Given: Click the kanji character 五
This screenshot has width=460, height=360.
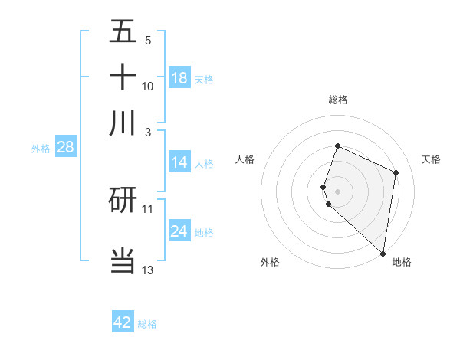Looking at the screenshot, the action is pyautogui.click(x=123, y=31).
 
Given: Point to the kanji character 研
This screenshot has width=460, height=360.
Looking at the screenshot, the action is pyautogui.click(x=123, y=201).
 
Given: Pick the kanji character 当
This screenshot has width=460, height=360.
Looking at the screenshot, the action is pyautogui.click(x=123, y=260).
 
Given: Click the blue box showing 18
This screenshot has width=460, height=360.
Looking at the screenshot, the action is pyautogui.click(x=179, y=78).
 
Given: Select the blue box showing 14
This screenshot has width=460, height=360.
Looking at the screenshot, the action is pyautogui.click(x=179, y=162).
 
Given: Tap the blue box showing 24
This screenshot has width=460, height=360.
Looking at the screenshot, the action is pyautogui.click(x=179, y=231).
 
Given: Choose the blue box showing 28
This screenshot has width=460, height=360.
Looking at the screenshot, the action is pyautogui.click(x=65, y=147).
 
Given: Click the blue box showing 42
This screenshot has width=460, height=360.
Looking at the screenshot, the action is pyautogui.click(x=123, y=322).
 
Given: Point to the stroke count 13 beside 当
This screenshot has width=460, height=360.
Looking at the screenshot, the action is pyautogui.click(x=147, y=270).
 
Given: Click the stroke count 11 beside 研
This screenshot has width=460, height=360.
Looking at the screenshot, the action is pyautogui.click(x=147, y=208).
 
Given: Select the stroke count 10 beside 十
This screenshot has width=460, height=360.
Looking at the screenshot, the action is pyautogui.click(x=147, y=86).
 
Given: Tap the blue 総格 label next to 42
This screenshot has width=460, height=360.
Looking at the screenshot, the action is pyautogui.click(x=147, y=324).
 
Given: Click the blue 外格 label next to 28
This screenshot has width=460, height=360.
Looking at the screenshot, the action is pyautogui.click(x=40, y=149).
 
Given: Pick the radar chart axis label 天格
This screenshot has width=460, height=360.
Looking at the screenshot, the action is pyautogui.click(x=431, y=159).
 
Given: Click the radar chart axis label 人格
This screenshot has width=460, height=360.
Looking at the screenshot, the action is pyautogui.click(x=245, y=159).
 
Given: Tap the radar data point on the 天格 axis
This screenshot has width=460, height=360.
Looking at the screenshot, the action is pyautogui.click(x=396, y=172).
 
